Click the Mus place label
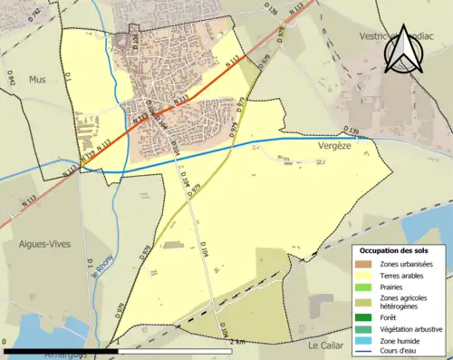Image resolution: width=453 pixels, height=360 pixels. (x=36, y=79)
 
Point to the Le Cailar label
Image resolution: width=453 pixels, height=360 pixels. (x=327, y=345)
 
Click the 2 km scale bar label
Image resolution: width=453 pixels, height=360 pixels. (x=237, y=340)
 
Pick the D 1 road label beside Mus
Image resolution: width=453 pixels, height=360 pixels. (x=67, y=84)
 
